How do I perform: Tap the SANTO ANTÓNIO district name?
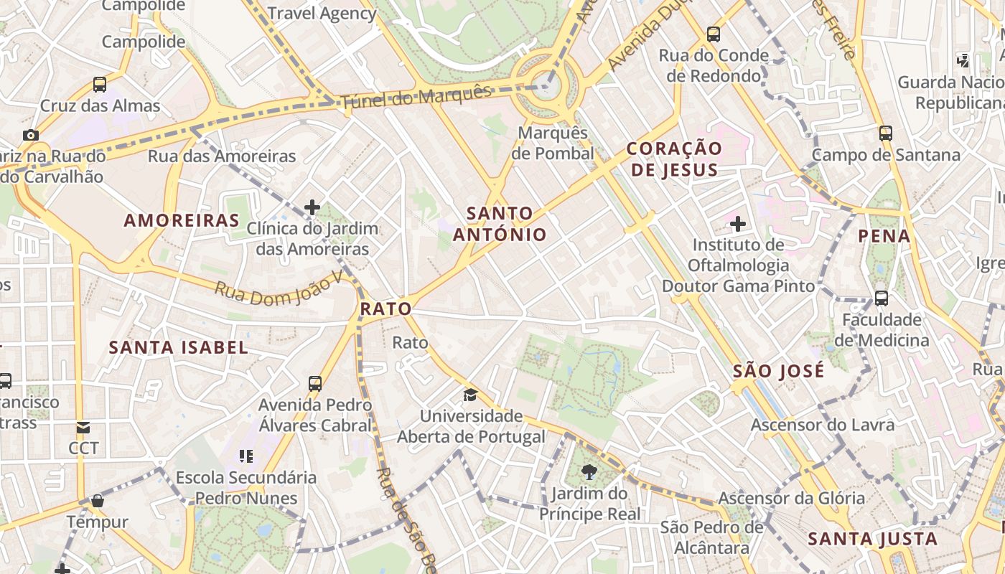click(x=500, y=224)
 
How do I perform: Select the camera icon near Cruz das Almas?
click(x=30, y=135)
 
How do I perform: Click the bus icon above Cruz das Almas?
click(x=100, y=85)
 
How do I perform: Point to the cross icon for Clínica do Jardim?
click(x=312, y=207)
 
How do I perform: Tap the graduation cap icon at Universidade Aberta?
click(x=470, y=395)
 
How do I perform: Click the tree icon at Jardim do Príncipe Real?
click(x=589, y=472)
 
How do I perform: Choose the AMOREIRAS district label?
click(x=182, y=220)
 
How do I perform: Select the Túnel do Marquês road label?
click(x=416, y=97)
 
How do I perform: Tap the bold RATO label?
click(x=385, y=309)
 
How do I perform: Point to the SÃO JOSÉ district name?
click(x=779, y=371)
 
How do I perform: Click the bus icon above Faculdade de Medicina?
click(x=882, y=298)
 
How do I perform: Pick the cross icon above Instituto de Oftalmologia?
click(x=738, y=224)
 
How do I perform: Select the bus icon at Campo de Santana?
click(x=886, y=133)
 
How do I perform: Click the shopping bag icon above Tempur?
click(x=98, y=500)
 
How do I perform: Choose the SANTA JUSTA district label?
click(x=873, y=539)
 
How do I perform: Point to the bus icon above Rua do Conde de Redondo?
click(x=714, y=34)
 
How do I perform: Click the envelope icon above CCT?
click(x=83, y=428)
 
